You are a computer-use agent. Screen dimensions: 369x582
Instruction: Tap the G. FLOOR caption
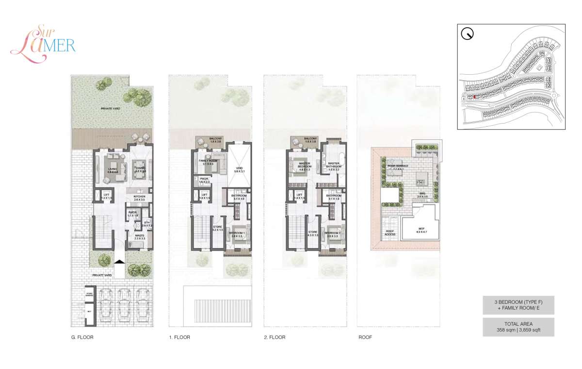(x=82, y=337)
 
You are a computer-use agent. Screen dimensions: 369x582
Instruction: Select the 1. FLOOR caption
(x=179, y=337)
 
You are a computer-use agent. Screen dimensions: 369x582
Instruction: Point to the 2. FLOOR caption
(x=275, y=337)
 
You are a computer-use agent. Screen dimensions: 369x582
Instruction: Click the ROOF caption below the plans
(x=365, y=337)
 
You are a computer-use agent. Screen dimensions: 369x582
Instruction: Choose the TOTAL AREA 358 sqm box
(x=518, y=327)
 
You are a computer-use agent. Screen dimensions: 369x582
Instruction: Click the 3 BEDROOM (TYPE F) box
(x=518, y=305)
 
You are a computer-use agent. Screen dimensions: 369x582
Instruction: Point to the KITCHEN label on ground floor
(x=140, y=197)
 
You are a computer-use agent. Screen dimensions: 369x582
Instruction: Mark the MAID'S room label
(x=140, y=236)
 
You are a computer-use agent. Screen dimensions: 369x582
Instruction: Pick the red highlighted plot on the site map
(x=475, y=97)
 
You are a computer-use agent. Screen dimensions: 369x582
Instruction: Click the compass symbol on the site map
(x=468, y=34)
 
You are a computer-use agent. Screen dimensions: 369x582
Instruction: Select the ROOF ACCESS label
(x=390, y=233)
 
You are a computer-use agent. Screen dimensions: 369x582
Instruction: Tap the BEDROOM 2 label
(x=333, y=234)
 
